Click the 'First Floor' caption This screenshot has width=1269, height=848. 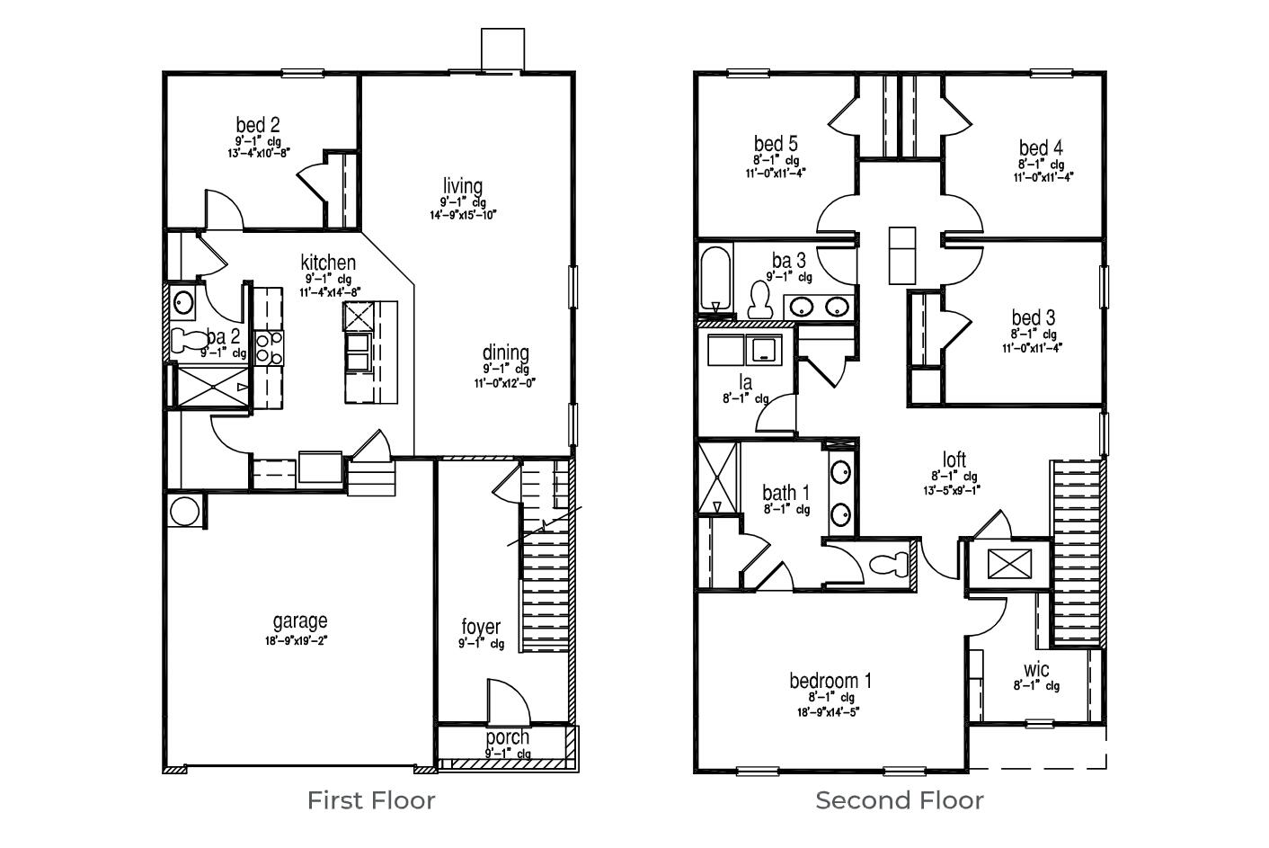click(371, 799)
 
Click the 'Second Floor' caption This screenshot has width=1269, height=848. click(899, 799)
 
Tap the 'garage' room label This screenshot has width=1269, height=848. click(300, 620)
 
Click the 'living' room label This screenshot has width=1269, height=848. click(462, 186)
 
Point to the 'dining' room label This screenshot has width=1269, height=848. click(505, 353)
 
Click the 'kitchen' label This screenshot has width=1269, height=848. click(328, 263)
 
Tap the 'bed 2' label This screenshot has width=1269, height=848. click(258, 124)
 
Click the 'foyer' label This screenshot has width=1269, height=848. click(481, 627)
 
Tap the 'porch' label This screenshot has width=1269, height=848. click(508, 737)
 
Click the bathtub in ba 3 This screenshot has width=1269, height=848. click(714, 278)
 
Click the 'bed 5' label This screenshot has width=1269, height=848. click(776, 144)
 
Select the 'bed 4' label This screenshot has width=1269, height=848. click(1041, 147)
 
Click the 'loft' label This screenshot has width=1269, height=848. click(954, 460)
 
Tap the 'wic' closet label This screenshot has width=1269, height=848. click(1036, 670)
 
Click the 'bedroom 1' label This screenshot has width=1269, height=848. click(830, 681)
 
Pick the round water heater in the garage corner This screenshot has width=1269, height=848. click(184, 512)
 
